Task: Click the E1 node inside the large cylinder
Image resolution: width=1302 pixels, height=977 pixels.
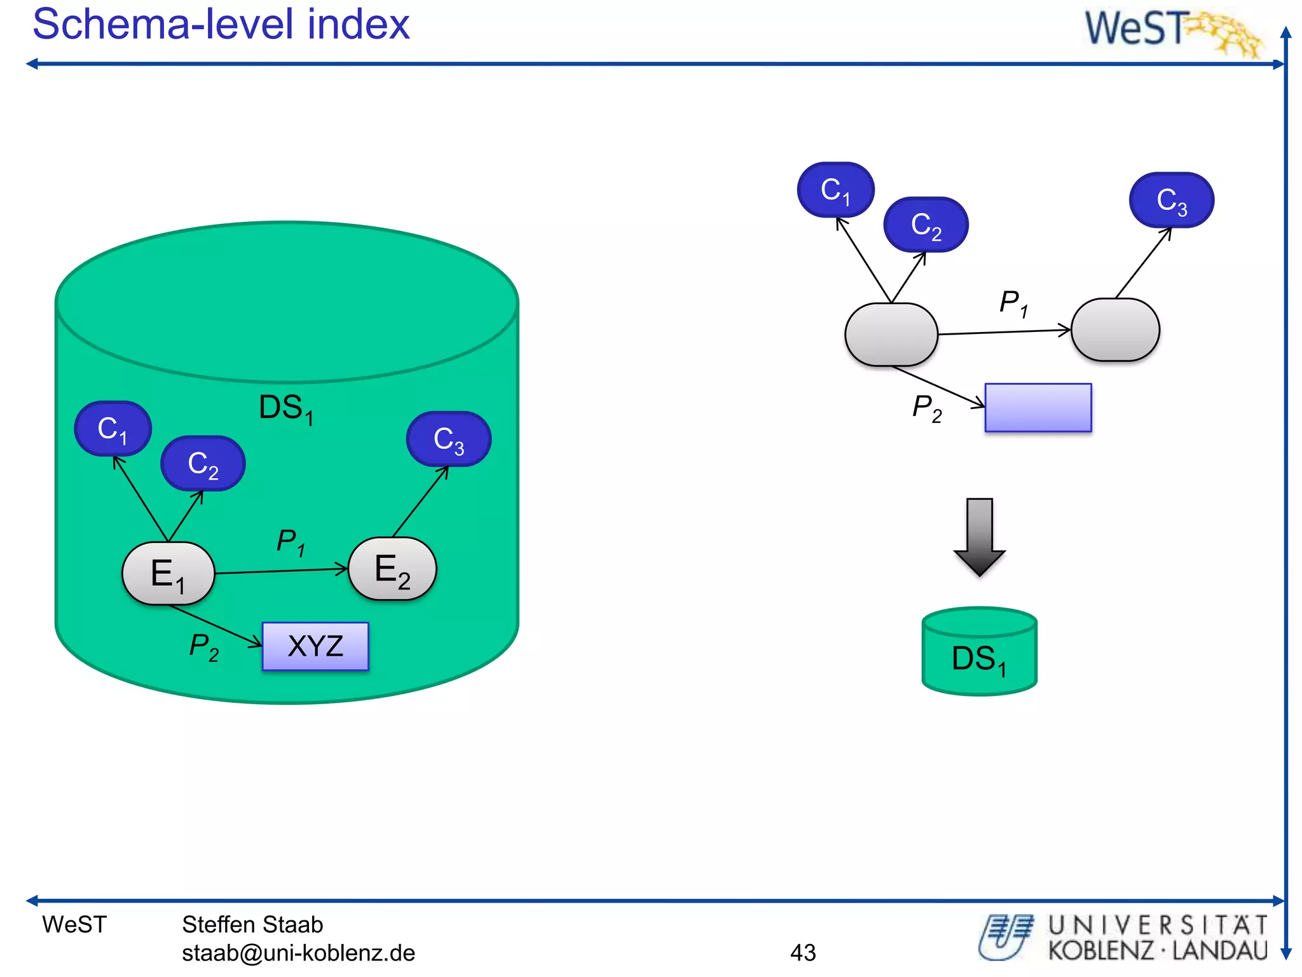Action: [168, 573]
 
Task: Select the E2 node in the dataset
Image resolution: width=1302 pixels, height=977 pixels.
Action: [392, 569]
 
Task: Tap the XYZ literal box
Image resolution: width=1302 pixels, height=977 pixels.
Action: [315, 646]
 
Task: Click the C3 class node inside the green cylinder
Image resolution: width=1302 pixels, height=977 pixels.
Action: [449, 439]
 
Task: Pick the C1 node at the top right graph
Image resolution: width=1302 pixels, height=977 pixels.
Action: [835, 190]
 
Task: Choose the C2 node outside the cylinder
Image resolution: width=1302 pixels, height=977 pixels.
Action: [926, 225]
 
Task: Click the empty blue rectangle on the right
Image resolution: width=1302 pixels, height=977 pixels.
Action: [1038, 408]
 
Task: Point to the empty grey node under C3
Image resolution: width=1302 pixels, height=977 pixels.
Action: [1115, 330]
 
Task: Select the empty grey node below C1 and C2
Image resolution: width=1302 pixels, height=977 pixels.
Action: [891, 335]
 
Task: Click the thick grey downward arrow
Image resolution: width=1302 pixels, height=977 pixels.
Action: [979, 536]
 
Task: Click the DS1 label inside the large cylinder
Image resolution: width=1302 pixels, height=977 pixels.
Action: [285, 408]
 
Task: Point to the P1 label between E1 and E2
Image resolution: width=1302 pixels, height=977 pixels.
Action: [291, 542]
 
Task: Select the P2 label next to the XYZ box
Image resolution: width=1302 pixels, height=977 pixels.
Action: [203, 646]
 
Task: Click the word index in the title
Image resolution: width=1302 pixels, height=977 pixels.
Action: [359, 24]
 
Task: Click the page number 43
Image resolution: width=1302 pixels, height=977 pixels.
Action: [802, 952]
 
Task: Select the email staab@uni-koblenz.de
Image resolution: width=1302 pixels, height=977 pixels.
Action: [298, 953]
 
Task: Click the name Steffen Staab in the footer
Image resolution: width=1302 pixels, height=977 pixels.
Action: [252, 924]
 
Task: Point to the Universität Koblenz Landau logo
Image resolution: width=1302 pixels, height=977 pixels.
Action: [1123, 938]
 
